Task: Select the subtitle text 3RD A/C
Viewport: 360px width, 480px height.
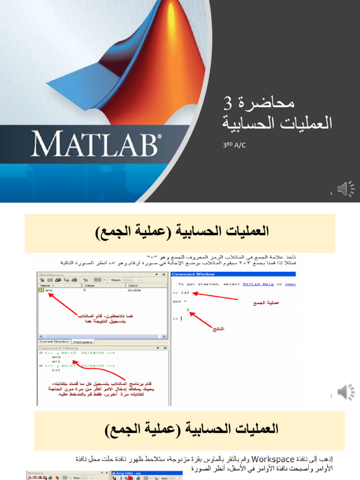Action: (234, 146)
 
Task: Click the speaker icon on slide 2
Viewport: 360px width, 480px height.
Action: (346, 391)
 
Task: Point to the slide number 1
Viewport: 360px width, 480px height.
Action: (331, 193)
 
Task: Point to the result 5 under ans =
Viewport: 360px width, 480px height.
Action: (188, 310)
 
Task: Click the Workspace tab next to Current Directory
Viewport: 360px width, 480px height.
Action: (82, 342)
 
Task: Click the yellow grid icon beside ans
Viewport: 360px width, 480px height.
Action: (41, 290)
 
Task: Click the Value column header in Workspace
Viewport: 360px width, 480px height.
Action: (89, 285)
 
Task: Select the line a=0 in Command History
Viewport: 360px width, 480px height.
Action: (56, 357)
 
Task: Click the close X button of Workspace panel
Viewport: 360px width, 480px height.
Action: (164, 274)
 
